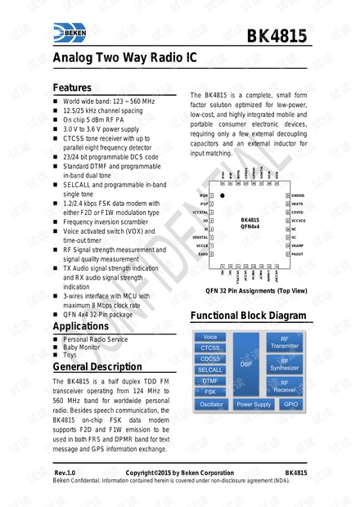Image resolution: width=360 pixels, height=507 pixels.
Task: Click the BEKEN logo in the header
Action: tap(74, 33)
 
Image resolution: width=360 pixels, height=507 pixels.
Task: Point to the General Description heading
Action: tap(100, 367)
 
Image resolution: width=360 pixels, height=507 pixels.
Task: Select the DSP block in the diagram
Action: tap(245, 363)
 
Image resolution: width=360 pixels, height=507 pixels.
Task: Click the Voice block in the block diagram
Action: tap(210, 337)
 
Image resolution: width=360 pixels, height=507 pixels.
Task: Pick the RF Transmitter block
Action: tap(284, 342)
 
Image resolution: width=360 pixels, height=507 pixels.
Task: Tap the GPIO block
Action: tap(290, 404)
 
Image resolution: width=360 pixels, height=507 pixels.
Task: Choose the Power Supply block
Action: tap(253, 404)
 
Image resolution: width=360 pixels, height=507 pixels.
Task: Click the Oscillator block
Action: tap(211, 404)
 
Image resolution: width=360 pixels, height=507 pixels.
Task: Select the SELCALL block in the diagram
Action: tap(210, 370)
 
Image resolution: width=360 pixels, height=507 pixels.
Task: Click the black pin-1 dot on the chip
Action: tap(223, 196)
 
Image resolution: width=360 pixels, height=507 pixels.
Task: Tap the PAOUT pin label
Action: tap(297, 254)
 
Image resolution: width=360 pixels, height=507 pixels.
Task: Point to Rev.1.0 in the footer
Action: tap(65, 473)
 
